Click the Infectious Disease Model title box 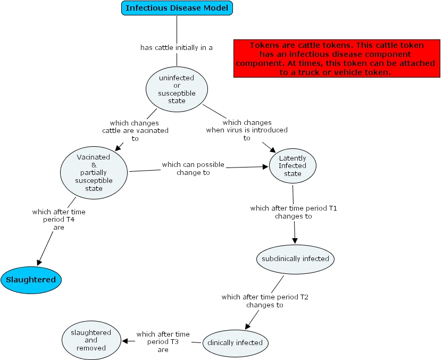pos(177,8)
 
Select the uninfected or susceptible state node pos(177,89)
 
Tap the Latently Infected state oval pos(292,165)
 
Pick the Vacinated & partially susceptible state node pos(94,173)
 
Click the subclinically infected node pos(295,259)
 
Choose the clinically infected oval pos(235,342)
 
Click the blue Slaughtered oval pos(31,280)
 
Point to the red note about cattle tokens pos(335,58)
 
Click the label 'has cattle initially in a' pos(177,47)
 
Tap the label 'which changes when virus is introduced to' pos(247,130)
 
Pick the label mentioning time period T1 pos(294,212)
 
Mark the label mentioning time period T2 pos(265,301)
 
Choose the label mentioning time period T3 pos(163,342)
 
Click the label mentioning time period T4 pos(58,220)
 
